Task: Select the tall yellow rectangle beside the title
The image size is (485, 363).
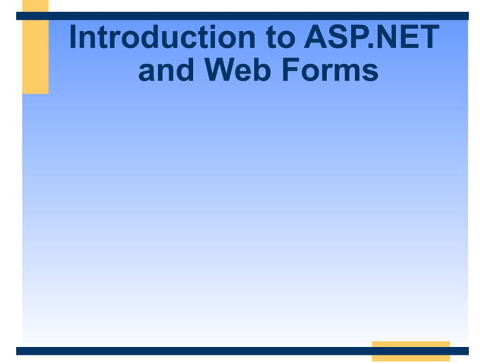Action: [35, 53]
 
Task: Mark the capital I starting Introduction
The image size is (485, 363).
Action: [73, 37]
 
